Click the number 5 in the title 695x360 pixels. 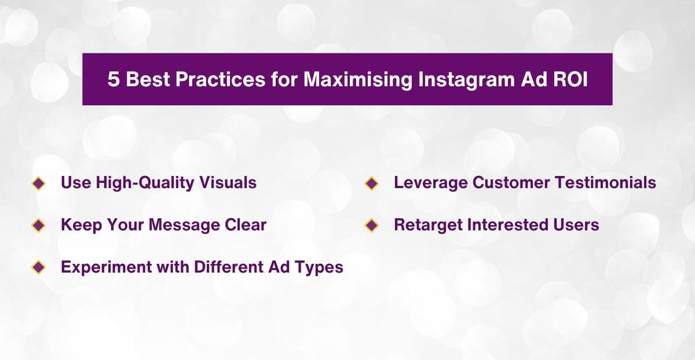pos(114,80)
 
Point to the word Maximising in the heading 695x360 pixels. pos(359,80)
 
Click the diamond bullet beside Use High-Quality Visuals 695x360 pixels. pos(39,183)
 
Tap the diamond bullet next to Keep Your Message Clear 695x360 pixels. pos(39,225)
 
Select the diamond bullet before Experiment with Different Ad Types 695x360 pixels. pos(39,267)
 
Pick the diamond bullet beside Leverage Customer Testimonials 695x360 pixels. pos(372,183)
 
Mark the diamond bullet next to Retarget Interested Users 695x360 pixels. pos(372,225)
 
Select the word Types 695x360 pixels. pos(320,267)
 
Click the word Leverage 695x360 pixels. pos(430,183)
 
